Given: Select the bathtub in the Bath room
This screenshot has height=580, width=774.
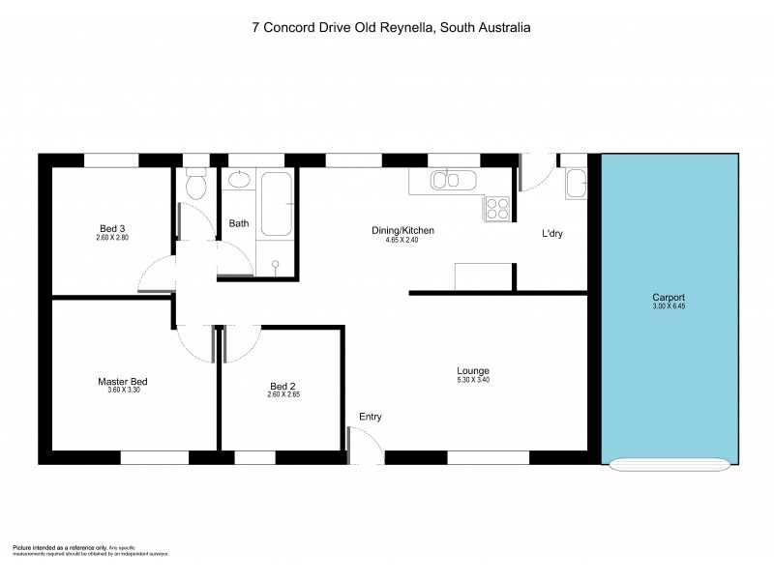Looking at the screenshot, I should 276,205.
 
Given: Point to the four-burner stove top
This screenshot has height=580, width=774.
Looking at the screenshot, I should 497,208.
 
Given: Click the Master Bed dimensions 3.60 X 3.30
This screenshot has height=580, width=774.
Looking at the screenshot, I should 122,392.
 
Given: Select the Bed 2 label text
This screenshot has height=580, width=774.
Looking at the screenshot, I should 282,385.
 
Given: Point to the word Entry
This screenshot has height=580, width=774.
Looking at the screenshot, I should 371,417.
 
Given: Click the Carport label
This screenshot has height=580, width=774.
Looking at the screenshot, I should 668,297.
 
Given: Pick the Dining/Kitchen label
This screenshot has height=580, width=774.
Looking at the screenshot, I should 402,230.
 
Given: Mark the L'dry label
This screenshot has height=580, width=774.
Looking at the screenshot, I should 552,232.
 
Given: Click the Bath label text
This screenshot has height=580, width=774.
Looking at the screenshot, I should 239,223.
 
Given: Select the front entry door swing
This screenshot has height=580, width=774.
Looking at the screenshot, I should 366,448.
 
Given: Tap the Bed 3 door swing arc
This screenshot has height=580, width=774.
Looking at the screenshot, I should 155,275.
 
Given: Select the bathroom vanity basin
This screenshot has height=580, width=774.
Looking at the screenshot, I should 239,182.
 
